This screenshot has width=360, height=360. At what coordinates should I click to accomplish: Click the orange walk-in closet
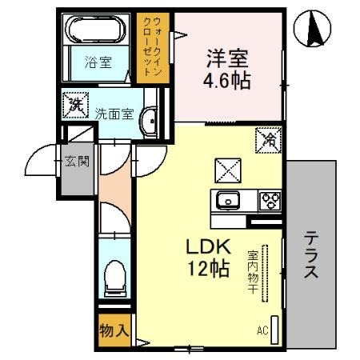click(x=152, y=46)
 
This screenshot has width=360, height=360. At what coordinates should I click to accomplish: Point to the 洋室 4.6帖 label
click(x=227, y=69)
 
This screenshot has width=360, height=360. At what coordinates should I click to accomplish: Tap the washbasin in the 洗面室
click(x=150, y=120)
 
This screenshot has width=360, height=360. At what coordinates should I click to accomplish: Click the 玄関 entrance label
click(x=77, y=161)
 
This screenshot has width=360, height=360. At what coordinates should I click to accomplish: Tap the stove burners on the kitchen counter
click(x=268, y=200)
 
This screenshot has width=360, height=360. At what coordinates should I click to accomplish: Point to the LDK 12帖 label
click(x=210, y=258)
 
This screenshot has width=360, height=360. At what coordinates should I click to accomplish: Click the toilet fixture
click(x=115, y=276)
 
